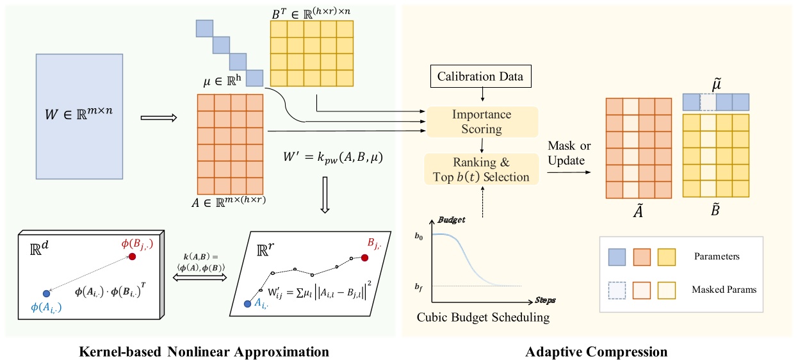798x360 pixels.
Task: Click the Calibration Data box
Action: [480, 77]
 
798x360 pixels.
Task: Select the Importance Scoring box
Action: [482, 121]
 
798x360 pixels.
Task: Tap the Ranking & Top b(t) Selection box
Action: [482, 169]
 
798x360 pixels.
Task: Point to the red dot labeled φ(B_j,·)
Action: [132, 256]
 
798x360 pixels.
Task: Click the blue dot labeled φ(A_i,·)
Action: [46, 293]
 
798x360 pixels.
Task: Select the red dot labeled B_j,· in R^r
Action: [365, 258]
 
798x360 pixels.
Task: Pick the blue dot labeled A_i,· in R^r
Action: [248, 304]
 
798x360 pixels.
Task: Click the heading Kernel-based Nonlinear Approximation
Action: [204, 351]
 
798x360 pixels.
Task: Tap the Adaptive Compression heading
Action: [596, 351]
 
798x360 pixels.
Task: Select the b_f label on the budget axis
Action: [419, 286]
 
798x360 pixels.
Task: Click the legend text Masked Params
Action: [724, 290]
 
